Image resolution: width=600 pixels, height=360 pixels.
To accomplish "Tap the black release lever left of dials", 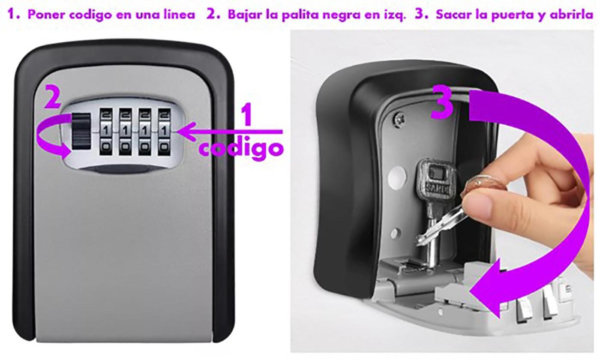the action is pos(81,131).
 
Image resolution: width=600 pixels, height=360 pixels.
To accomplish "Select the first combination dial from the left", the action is pos(106,132).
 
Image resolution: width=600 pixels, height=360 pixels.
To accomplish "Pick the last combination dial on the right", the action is pos(164,132).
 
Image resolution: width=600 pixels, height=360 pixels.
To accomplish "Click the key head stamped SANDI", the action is pos(434,180).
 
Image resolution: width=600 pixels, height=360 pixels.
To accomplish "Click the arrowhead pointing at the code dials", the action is pos(186,132).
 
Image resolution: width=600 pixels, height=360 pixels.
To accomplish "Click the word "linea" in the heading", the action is pos(179,15).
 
